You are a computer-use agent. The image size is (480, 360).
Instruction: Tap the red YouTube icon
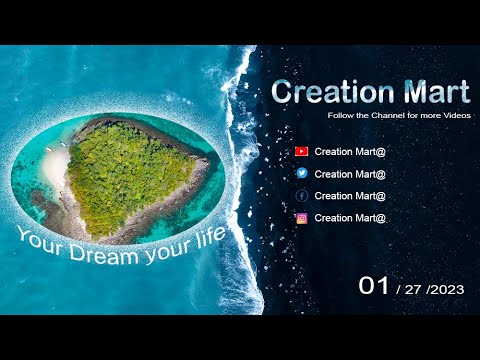(x=302, y=152)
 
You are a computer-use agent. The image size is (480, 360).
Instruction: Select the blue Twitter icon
(x=302, y=174)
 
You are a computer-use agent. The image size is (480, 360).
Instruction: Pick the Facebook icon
(x=302, y=196)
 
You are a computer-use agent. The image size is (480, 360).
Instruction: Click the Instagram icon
(x=302, y=218)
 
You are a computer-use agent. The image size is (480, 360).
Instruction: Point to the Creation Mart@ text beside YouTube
(x=350, y=152)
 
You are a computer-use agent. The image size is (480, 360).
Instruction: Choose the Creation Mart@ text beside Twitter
(x=350, y=174)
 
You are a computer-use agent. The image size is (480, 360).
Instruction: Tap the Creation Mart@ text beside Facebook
(x=350, y=196)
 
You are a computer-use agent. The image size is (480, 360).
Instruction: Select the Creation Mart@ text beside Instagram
(x=350, y=218)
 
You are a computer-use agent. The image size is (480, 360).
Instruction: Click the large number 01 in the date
(x=373, y=286)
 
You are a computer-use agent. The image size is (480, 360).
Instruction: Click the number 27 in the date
(x=413, y=289)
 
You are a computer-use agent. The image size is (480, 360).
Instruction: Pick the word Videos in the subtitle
(x=455, y=116)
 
